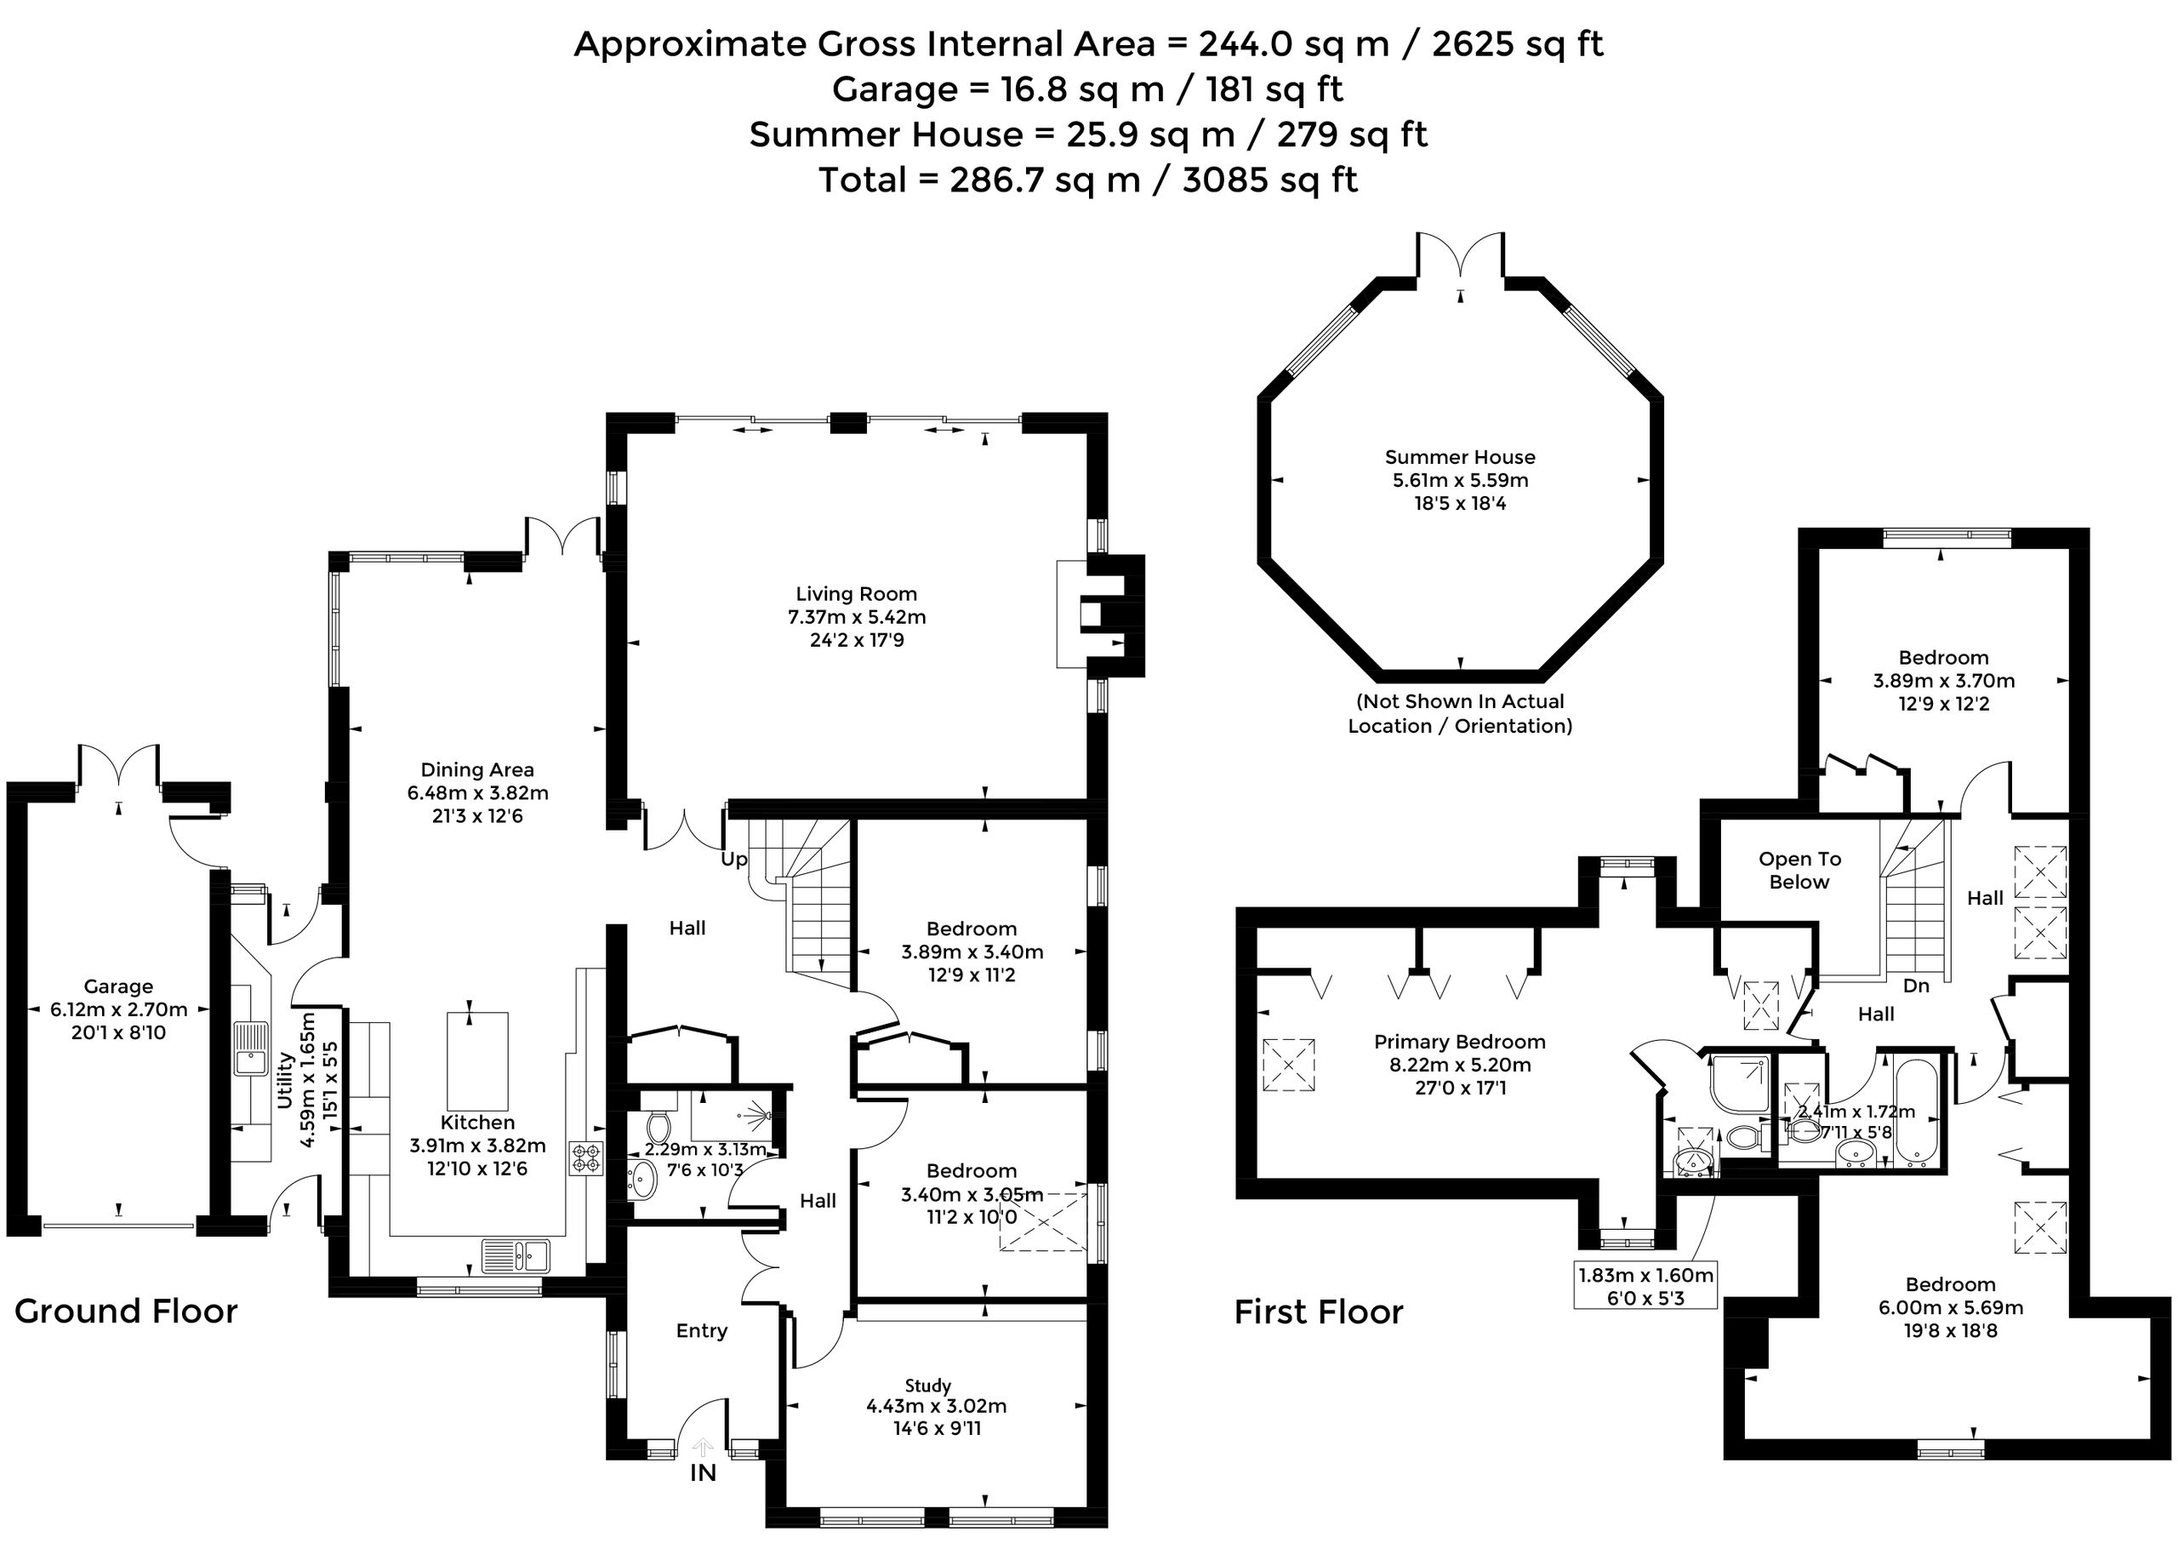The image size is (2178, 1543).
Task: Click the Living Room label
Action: click(856, 594)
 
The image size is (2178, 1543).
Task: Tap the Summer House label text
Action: click(1460, 457)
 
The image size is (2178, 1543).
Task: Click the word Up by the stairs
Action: click(733, 860)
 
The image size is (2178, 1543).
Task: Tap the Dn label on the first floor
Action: click(1916, 986)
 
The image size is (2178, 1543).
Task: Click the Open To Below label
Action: click(1799, 871)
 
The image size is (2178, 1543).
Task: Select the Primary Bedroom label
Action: click(1460, 1043)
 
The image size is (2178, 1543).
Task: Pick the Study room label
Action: click(927, 1386)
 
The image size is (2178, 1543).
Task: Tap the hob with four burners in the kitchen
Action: click(587, 1158)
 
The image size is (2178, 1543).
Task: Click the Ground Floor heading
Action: click(126, 1312)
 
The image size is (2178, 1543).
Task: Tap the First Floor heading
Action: click(1319, 1312)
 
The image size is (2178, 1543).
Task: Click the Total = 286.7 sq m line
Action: click(1088, 180)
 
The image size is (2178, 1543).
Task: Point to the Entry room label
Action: click(702, 1331)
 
